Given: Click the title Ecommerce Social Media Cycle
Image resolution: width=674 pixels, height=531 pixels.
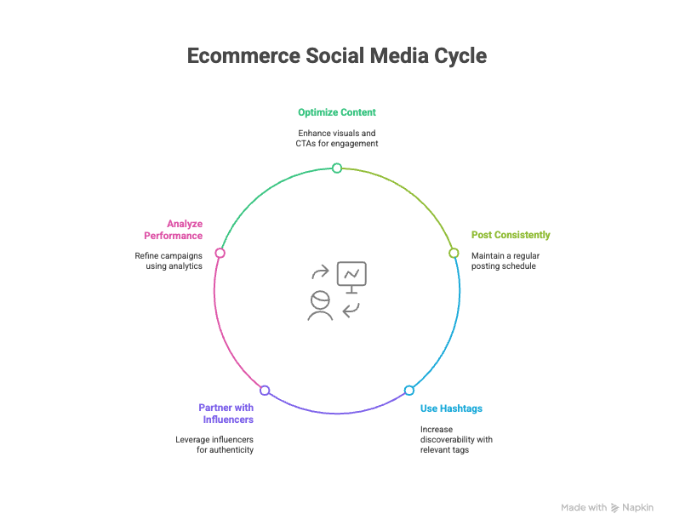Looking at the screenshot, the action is [x=337, y=56].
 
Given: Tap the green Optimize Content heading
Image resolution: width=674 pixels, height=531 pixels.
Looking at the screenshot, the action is [x=337, y=112].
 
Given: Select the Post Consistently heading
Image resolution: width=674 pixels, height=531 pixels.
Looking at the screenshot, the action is [x=511, y=235].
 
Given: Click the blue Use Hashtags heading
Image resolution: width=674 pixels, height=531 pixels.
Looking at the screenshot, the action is [x=451, y=408].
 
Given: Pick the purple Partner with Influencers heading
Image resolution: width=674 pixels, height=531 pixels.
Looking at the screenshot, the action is [x=226, y=414].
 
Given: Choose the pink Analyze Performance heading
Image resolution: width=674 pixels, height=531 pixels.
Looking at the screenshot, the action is [x=174, y=230].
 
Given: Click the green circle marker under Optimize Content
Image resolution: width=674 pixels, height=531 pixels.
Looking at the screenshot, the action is [x=337, y=168].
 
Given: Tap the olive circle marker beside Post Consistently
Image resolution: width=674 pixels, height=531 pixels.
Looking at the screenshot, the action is [x=454, y=253].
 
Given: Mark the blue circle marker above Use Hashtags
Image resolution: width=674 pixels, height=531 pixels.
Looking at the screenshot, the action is [x=409, y=391].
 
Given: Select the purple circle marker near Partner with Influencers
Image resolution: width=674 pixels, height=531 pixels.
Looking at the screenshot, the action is [x=265, y=391].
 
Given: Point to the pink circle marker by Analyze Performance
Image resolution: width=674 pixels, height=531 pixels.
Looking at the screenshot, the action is [x=220, y=253].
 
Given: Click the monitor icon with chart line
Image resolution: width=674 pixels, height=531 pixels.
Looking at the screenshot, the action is [x=351, y=277].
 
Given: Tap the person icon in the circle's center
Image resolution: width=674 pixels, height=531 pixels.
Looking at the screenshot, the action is [x=320, y=305].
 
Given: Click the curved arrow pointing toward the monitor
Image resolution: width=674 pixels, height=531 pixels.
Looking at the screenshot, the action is [x=320, y=271].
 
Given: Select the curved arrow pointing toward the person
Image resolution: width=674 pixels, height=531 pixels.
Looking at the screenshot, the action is [x=351, y=310].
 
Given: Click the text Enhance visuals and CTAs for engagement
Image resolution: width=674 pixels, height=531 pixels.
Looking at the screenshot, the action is [x=337, y=139].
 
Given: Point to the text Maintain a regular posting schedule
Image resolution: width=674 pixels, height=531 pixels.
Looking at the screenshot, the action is [x=505, y=261].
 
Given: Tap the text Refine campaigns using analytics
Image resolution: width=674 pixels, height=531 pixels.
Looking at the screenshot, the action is [x=168, y=261].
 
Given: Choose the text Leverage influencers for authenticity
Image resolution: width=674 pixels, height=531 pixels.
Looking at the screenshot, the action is [x=214, y=444].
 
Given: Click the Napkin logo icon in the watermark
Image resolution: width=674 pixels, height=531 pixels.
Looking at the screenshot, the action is [x=615, y=508].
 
